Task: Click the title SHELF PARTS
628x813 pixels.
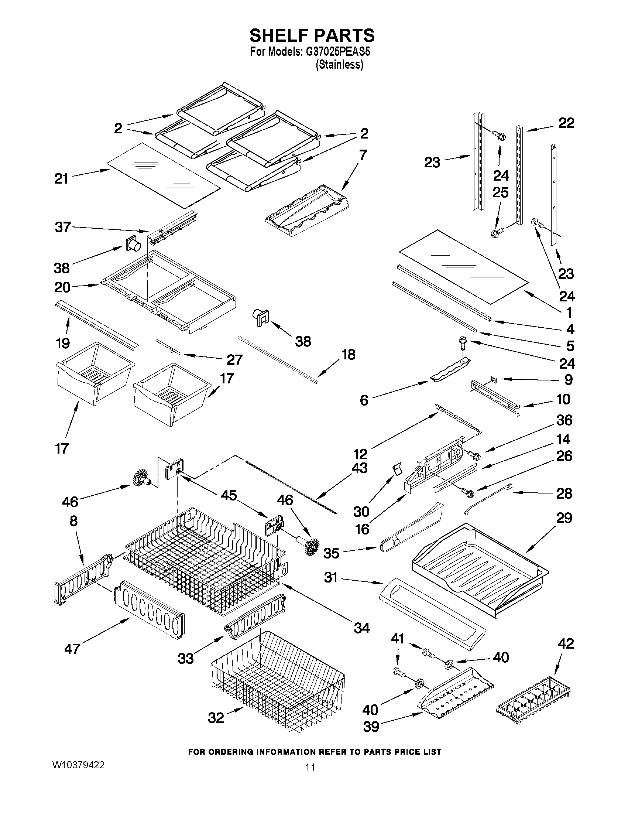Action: tap(312, 36)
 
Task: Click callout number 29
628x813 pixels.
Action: tap(564, 518)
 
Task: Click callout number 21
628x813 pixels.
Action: tap(61, 179)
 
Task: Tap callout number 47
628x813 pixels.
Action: tap(72, 649)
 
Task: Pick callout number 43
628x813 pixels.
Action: tap(359, 468)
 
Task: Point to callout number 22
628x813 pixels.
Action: tap(566, 123)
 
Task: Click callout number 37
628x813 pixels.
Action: tap(62, 227)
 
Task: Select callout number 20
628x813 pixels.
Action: tap(62, 287)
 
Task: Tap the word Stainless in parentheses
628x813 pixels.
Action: tap(339, 65)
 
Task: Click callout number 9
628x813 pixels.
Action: tap(569, 380)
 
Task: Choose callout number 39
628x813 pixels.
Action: tap(371, 727)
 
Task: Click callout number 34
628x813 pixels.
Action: tap(361, 628)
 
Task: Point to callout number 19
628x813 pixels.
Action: tap(62, 343)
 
